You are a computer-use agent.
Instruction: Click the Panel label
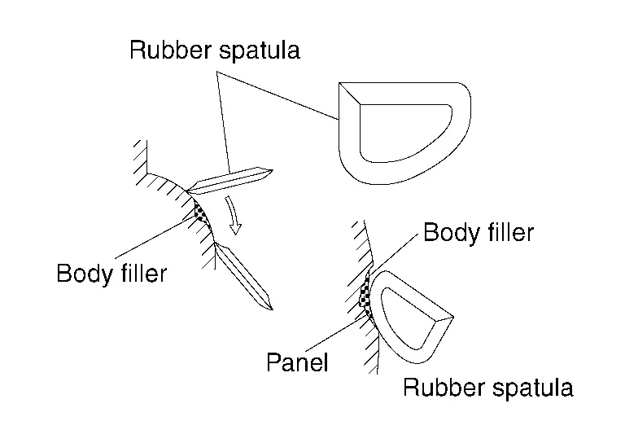[297, 362]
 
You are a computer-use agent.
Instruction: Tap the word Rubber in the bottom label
[443, 388]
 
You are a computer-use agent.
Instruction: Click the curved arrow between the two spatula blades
[236, 216]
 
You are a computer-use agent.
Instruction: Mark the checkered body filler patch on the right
[366, 297]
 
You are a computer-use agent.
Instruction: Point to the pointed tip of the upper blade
[268, 171]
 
